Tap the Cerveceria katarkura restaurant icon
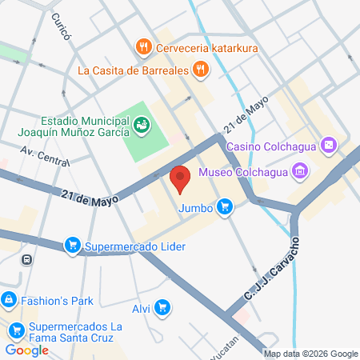[144, 47]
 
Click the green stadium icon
[142, 124]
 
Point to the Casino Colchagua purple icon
[326, 146]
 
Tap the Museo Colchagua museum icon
[300, 170]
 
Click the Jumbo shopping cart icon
[226, 208]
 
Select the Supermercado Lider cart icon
[73, 245]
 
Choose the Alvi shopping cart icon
[162, 306]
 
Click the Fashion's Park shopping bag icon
[9, 301]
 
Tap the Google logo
[26, 350]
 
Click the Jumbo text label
[196, 208]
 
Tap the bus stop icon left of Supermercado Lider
[27, 259]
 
